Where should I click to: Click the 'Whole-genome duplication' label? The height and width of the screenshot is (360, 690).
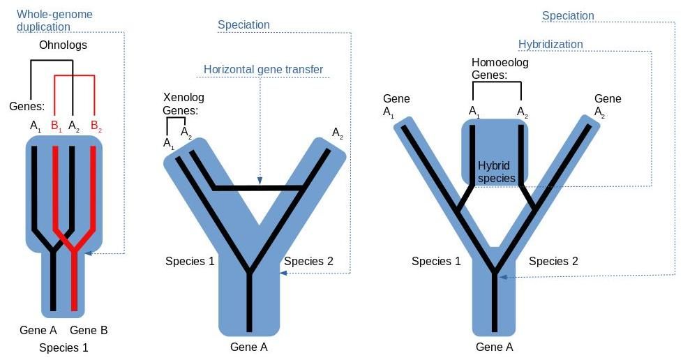coord(54,20)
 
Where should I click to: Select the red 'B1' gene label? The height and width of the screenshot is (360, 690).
coord(56,127)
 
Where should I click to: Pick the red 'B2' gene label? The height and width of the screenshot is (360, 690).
coord(96,127)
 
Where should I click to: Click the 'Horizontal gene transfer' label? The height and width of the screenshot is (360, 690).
coord(263,69)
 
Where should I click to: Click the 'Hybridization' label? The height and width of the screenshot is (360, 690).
coord(550,44)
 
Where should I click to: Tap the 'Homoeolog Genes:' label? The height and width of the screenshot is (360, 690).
coord(500,68)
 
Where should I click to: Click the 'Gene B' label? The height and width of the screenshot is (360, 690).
coord(89,330)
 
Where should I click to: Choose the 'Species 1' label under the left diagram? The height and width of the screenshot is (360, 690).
coord(63,347)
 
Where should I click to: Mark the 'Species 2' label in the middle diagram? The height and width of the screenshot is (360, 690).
coord(309,262)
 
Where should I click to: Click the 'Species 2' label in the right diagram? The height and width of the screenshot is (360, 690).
coord(553,262)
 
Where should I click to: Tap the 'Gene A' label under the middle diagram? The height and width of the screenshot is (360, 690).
coord(249,347)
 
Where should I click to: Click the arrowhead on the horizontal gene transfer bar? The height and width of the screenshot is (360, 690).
coord(259,182)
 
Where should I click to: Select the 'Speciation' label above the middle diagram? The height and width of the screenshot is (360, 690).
coord(243,25)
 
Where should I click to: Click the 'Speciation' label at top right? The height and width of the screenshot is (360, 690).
coord(568,15)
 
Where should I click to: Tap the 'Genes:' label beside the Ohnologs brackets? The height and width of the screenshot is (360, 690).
coord(27,107)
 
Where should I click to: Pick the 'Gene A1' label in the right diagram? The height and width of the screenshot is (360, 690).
coord(396,105)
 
